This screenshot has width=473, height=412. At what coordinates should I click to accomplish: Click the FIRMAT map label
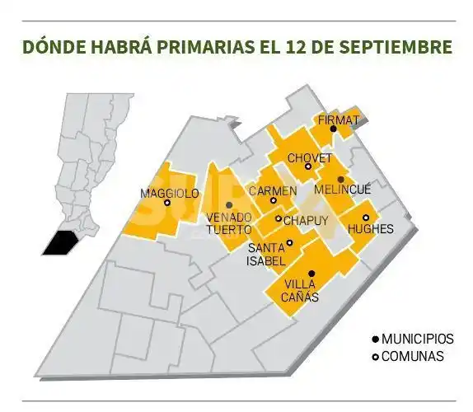339,120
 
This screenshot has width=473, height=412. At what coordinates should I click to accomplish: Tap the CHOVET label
310,157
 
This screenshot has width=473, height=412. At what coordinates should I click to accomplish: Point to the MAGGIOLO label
170,193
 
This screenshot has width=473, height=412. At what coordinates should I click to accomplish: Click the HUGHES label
371,228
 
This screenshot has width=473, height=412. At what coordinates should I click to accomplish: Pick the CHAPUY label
306,220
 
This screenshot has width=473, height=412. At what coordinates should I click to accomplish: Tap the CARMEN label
274,190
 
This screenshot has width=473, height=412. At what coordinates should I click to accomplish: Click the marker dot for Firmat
333,129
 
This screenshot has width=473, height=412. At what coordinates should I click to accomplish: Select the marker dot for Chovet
308,166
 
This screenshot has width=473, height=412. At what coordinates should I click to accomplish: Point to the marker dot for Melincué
341,179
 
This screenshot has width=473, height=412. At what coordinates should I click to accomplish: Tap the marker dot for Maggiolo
167,203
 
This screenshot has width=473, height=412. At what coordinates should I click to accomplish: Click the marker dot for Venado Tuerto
228,205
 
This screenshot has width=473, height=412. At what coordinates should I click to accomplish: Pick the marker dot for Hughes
366,218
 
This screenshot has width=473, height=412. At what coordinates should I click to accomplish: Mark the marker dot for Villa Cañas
311,274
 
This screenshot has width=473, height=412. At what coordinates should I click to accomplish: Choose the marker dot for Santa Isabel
290,242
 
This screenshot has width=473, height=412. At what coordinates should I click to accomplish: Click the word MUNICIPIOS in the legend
418,339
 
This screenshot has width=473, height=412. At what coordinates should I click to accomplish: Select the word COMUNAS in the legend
412,356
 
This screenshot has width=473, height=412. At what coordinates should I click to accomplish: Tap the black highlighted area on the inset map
61,244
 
